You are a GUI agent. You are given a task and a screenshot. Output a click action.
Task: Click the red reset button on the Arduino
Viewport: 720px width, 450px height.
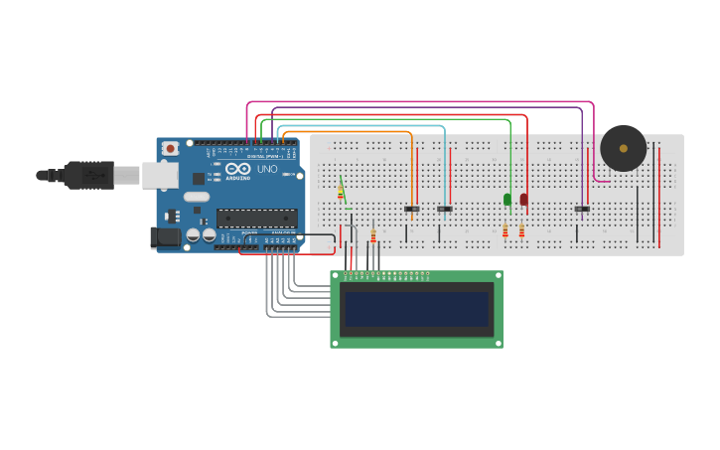coord(170,148)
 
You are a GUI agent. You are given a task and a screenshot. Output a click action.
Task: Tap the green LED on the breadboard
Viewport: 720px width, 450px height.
coord(507,200)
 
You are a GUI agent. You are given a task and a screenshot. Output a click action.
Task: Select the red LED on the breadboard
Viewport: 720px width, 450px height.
coord(524,200)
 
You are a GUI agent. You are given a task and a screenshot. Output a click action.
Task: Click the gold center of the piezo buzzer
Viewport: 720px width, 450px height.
coord(624,148)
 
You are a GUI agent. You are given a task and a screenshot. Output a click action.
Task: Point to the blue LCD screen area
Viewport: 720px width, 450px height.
coord(416,309)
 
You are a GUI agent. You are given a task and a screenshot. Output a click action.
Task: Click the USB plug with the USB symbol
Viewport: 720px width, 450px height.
coord(90,175)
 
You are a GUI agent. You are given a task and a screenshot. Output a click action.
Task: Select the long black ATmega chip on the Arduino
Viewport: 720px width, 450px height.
coord(256,218)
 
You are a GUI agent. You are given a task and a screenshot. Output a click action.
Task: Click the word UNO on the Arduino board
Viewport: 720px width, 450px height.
coord(268,169)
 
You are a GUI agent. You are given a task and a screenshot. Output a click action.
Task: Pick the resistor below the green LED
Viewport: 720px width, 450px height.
coord(504,231)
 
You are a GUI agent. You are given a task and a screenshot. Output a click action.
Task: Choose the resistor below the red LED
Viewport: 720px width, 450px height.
coord(521,231)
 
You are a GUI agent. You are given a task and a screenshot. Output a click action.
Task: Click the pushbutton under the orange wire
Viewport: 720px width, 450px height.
coord(411,209)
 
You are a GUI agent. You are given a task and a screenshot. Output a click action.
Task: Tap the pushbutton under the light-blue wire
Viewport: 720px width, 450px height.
coord(445,209)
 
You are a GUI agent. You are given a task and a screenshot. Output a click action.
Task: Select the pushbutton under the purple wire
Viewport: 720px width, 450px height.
coord(582,209)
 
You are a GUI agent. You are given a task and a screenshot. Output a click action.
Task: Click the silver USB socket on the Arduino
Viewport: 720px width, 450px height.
coord(159,175)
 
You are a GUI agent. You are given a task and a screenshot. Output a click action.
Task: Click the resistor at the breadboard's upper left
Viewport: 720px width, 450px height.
coord(341,191)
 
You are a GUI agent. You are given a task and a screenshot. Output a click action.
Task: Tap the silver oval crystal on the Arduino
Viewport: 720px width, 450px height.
coord(196,197)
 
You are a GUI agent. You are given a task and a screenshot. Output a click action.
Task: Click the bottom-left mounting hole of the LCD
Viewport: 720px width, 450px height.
coord(336,343)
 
